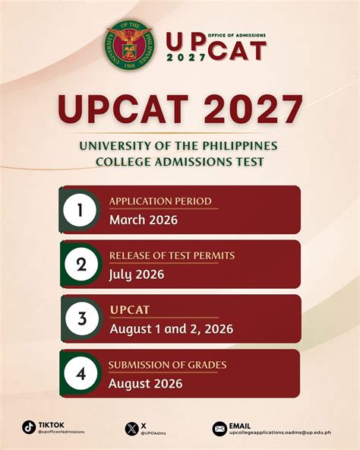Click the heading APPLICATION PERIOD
(159, 201)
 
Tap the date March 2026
(143, 220)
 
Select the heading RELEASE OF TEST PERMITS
(172, 255)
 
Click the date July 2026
(137, 274)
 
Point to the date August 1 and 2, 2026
(171, 329)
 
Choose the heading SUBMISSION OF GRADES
(167, 365)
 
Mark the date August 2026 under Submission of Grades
(145, 384)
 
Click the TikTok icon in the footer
(29, 427)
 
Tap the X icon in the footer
(130, 429)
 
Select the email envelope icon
(219, 429)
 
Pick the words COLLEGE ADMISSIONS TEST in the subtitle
(179, 161)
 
